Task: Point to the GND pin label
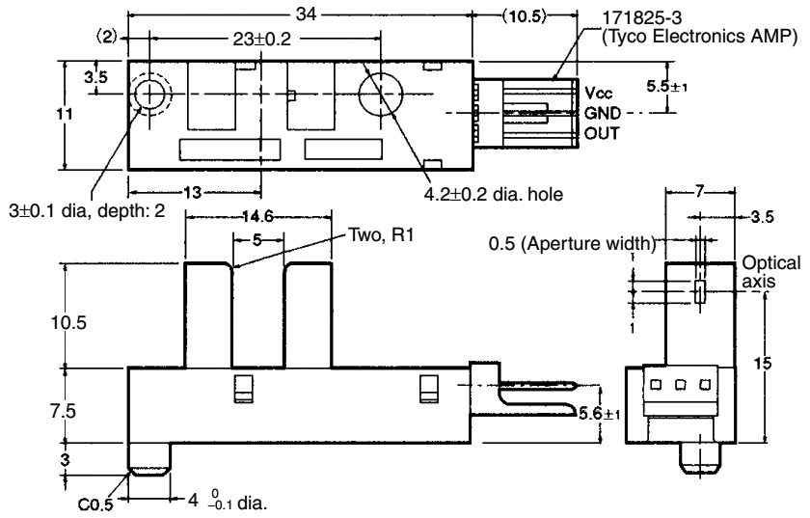point(601,113)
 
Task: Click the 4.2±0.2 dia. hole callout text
point(492,194)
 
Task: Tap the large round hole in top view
point(378,95)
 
